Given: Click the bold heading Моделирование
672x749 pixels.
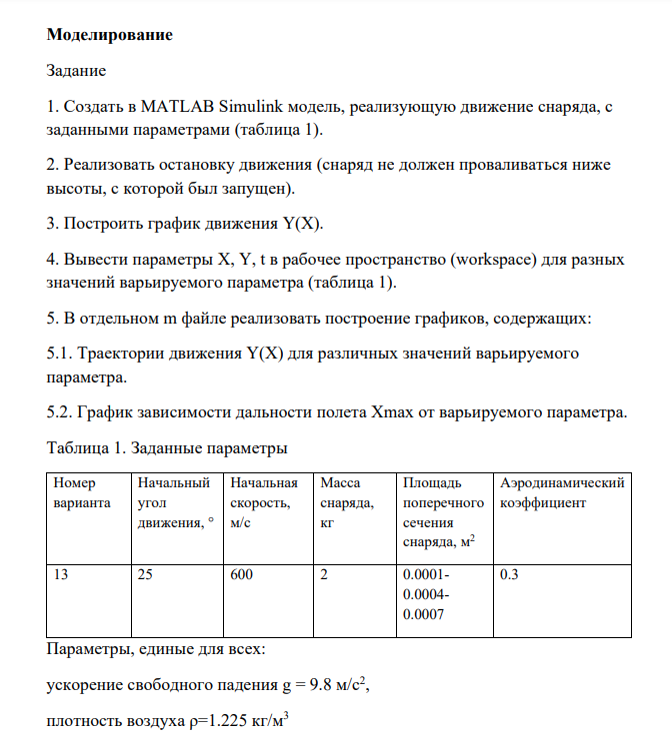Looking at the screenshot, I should click(x=110, y=36).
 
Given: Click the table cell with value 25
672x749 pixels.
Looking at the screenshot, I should click(x=147, y=576).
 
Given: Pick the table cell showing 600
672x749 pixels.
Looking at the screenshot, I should click(x=241, y=576).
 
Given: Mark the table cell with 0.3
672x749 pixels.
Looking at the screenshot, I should click(x=508, y=576).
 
